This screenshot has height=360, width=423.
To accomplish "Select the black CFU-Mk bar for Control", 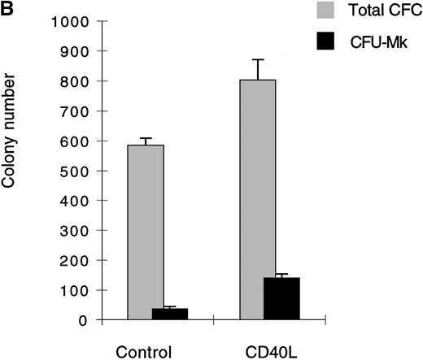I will (169, 314).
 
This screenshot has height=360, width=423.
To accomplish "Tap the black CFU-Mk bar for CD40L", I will (281, 299).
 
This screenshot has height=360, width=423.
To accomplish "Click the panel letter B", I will (7, 8).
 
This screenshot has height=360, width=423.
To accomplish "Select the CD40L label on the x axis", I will (270, 352).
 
